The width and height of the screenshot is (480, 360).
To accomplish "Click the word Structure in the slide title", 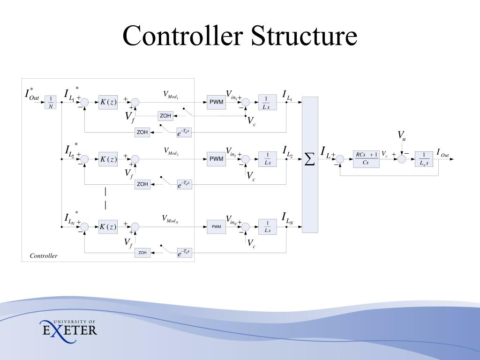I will point(304,36).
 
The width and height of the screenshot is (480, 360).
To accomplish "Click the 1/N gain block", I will point(51,102).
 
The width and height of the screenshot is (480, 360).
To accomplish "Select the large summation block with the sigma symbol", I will point(310,164).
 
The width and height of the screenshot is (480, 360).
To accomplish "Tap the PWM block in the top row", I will point(216,102).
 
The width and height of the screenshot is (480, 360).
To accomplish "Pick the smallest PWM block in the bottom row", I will point(216,227).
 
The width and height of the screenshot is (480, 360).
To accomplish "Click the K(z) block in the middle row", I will point(107,159).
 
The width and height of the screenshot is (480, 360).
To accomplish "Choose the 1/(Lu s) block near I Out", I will point(424,159).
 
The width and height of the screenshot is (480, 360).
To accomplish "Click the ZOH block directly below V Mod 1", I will point(165,116).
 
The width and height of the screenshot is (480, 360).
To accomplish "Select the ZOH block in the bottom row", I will point(142,253).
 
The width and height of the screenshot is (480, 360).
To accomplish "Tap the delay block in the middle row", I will point(184,185).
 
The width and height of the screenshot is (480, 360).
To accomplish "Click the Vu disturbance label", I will point(402,136).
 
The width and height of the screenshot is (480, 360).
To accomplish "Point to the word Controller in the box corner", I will point(44,256).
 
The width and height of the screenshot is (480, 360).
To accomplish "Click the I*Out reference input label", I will point(32,94).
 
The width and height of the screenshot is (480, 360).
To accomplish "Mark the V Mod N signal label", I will point(170,219).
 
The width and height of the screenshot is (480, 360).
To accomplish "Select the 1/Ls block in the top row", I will point(267,102).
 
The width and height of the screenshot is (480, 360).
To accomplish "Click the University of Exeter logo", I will point(68,328).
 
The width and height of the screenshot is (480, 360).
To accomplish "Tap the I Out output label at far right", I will point(442,153).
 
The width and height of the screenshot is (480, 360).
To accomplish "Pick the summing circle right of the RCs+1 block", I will point(402,159).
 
